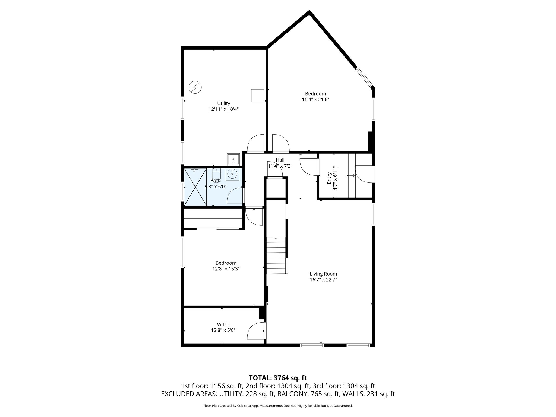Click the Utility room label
pyautogui.click(x=223, y=103)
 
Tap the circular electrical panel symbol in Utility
pyautogui.click(x=195, y=87)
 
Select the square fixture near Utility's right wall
pyautogui.click(x=257, y=96)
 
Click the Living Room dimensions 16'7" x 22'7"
pyautogui.click(x=323, y=280)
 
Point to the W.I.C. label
pyautogui.click(x=223, y=324)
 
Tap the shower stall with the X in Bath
pyautogui.click(x=195, y=187)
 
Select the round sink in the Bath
pyautogui.click(x=232, y=174)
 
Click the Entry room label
pyautogui.click(x=329, y=178)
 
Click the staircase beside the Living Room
pyautogui.click(x=276, y=255)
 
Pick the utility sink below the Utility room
pyautogui.click(x=233, y=159)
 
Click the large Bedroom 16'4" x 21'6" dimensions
pyautogui.click(x=315, y=100)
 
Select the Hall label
pyautogui.click(x=280, y=160)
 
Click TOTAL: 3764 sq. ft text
pyautogui.click(x=278, y=378)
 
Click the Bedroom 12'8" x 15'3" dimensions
pyautogui.click(x=226, y=269)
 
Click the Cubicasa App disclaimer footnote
pyautogui.click(x=278, y=406)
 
